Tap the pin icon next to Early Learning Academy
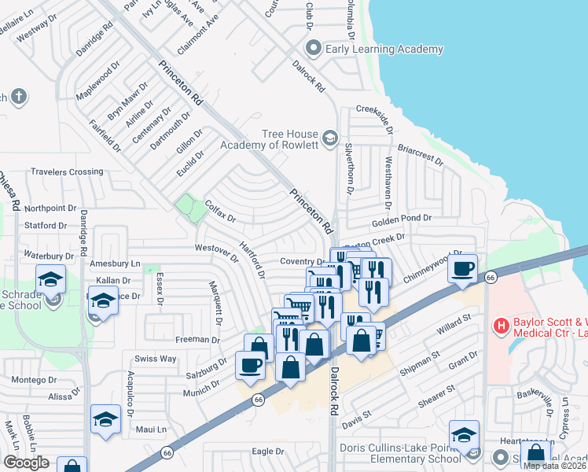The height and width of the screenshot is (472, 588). (x=314, y=50)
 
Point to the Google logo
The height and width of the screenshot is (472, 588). (x=26, y=463)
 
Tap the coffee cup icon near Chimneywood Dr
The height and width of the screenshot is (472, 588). (x=463, y=268)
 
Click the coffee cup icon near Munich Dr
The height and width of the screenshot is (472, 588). (x=251, y=365)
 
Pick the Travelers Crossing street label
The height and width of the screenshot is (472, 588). (x=67, y=171)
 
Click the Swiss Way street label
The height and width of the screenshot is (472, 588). (x=155, y=359)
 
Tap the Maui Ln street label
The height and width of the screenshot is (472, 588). (x=152, y=430)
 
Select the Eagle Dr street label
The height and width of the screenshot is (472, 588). (x=268, y=452)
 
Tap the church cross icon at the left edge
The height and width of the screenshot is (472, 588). (x=19, y=98)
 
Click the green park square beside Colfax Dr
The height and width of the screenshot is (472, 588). (x=187, y=208)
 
